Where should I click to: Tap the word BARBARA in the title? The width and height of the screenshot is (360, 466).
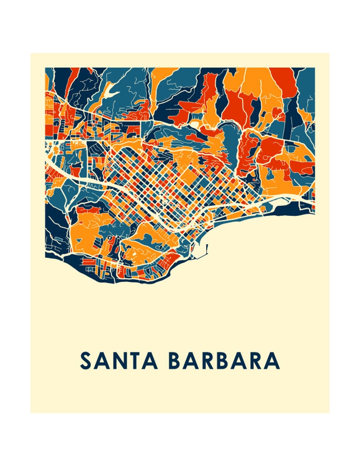tap(224, 361)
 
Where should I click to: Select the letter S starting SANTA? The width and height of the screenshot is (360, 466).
tap(86, 361)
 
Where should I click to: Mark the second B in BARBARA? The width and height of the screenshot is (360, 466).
tap(225, 361)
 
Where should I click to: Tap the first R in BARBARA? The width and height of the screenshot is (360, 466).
tap(209, 361)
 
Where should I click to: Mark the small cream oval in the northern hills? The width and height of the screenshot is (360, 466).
tap(195, 123)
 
